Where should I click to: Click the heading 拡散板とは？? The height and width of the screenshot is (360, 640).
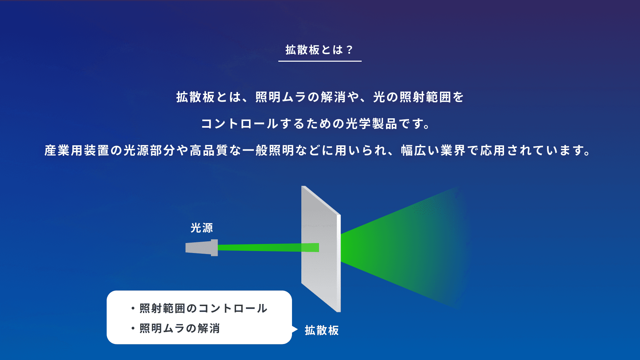[x=319, y=50]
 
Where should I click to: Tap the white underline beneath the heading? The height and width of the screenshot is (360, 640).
[x=320, y=61]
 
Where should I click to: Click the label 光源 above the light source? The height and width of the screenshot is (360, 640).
[x=202, y=228]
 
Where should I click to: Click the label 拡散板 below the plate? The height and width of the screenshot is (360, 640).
[x=322, y=330]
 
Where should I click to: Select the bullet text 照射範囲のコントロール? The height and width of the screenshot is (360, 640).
[x=203, y=308]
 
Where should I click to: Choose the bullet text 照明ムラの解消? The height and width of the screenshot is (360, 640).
[x=180, y=328]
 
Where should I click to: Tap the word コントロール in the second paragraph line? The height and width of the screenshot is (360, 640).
[x=240, y=124]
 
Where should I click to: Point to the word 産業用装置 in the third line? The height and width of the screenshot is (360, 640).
[x=77, y=150]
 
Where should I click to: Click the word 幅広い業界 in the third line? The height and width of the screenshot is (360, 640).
[x=433, y=150]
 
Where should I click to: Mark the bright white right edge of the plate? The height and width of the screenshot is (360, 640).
[x=339, y=263]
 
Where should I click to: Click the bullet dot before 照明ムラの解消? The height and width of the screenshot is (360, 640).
[x=133, y=328]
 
